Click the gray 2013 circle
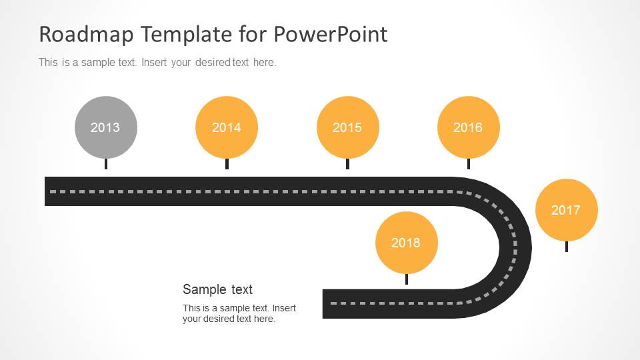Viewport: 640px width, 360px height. [x=106, y=127]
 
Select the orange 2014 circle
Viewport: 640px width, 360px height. [x=227, y=127]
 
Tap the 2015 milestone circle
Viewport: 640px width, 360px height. [x=348, y=127]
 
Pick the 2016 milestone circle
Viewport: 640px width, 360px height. [x=469, y=127]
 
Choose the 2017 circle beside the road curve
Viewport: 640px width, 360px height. [x=567, y=210]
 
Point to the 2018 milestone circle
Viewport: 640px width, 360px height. [x=407, y=243]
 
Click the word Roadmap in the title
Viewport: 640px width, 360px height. [x=86, y=34]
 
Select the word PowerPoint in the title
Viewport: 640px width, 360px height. [x=331, y=34]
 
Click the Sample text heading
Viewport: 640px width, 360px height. [x=217, y=289]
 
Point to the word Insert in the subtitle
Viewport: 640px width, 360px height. [x=154, y=63]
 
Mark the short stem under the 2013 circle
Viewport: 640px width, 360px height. [x=106, y=164]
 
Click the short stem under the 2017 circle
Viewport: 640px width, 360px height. [x=567, y=246]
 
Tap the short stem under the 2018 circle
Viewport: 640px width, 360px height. [x=407, y=279]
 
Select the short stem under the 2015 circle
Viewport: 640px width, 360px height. [x=348, y=164]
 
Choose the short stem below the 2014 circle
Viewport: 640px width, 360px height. [x=227, y=164]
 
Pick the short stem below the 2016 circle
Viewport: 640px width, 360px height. [x=469, y=164]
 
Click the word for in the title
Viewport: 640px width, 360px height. [x=253, y=34]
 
